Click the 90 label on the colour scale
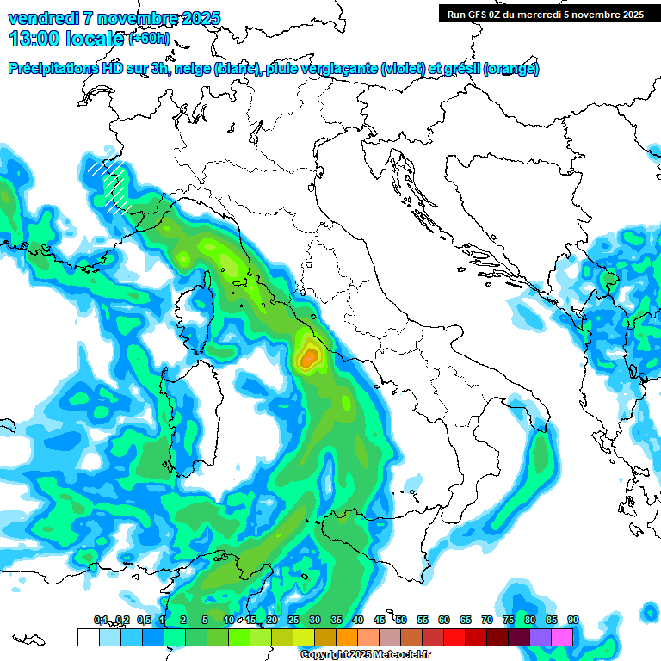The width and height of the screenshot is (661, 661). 573,620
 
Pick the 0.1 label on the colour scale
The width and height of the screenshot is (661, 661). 101,620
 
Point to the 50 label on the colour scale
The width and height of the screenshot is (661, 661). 401,620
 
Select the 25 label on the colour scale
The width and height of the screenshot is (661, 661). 293,620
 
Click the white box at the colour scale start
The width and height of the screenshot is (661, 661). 88,637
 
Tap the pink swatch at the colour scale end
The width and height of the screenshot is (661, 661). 562,637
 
